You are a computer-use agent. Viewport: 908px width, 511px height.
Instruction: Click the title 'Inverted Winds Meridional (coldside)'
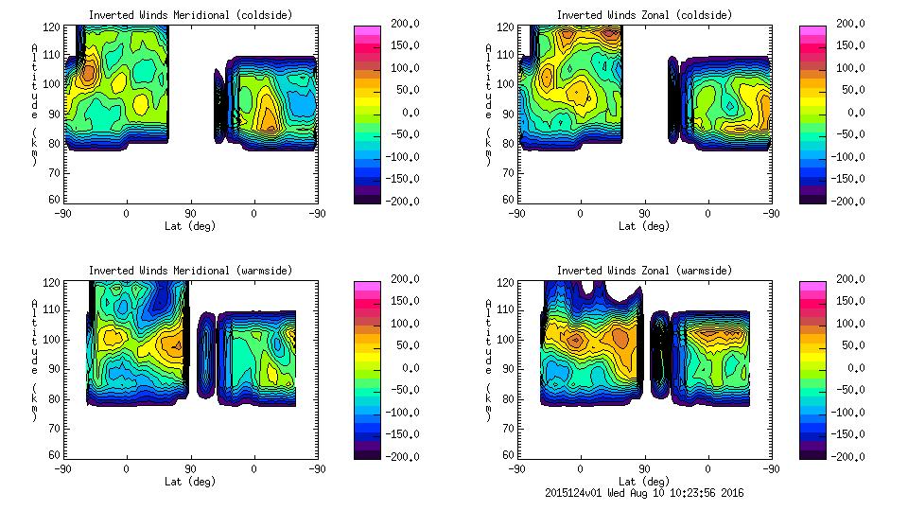pyautogui.click(x=190, y=15)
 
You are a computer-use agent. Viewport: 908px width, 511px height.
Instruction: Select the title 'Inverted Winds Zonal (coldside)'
pyautogui.click(x=644, y=15)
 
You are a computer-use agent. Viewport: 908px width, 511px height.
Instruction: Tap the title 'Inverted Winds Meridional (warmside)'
pyautogui.click(x=190, y=271)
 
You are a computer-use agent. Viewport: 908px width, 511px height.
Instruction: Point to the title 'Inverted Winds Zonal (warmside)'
pyautogui.click(x=644, y=271)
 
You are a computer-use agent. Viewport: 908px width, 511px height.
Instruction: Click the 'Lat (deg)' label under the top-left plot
pyautogui.click(x=190, y=226)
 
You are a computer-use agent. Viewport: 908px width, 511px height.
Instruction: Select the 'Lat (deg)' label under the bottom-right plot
pyautogui.click(x=644, y=482)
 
